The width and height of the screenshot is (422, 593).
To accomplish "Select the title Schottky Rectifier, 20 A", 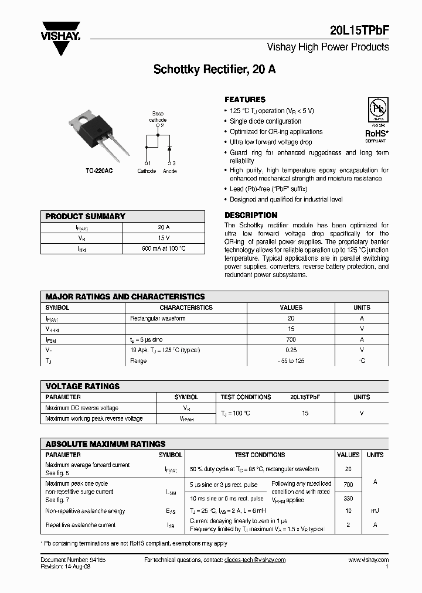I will [215, 69].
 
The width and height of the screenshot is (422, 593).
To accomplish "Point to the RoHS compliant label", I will [376, 134].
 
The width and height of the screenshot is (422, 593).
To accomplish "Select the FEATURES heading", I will [245, 100].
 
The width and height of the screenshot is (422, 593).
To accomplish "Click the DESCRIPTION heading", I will [251, 215].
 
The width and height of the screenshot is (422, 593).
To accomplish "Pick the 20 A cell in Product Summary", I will [164, 227].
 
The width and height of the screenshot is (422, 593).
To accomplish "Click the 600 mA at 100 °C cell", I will [164, 248].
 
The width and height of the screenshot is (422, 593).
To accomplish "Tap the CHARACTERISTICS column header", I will [186, 308].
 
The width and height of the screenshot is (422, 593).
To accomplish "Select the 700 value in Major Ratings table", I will [291, 339].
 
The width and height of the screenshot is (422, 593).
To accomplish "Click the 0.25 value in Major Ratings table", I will [291, 350].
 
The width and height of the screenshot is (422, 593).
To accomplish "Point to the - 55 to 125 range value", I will [291, 361].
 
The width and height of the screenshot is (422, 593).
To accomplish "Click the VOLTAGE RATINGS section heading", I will [83, 386].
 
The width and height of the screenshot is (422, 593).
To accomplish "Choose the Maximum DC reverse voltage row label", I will [81, 408].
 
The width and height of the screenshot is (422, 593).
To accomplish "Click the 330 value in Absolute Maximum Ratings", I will [348, 498].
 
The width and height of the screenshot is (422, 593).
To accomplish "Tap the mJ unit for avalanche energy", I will [375, 511].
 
